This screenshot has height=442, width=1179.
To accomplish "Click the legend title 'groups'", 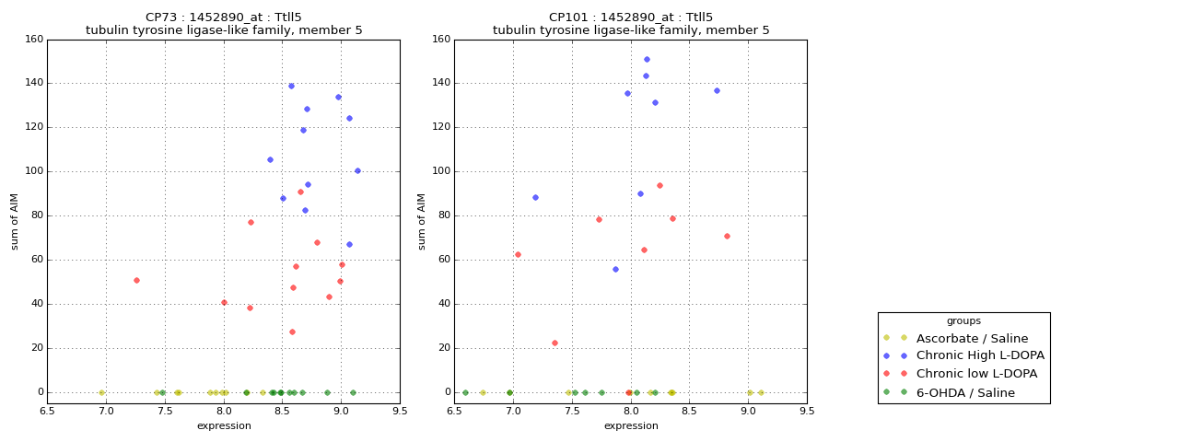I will (963, 321).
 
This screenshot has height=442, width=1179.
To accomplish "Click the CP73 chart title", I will (224, 24).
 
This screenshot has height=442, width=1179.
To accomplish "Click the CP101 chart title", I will (631, 24).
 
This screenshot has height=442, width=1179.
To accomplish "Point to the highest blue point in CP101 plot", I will (647, 59).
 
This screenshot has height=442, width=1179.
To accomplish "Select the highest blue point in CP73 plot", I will (291, 87).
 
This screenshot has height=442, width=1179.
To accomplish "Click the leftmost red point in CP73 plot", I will (136, 280).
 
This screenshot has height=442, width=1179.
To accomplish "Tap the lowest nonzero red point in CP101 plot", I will (554, 343).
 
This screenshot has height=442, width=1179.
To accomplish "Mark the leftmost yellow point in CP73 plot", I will (101, 392).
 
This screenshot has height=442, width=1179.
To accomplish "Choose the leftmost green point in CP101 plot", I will (465, 392).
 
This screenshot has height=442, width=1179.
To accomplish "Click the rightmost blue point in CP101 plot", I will (717, 90).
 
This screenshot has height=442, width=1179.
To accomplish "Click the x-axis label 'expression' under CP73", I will (224, 426).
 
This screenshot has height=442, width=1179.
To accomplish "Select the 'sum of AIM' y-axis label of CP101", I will (422, 221).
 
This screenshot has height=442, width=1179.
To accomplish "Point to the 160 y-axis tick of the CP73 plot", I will (33, 40).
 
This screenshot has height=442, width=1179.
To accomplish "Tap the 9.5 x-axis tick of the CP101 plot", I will (807, 412).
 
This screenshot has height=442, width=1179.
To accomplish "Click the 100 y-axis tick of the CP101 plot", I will (440, 171).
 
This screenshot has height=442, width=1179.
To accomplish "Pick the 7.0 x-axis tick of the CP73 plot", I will (106, 412).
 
